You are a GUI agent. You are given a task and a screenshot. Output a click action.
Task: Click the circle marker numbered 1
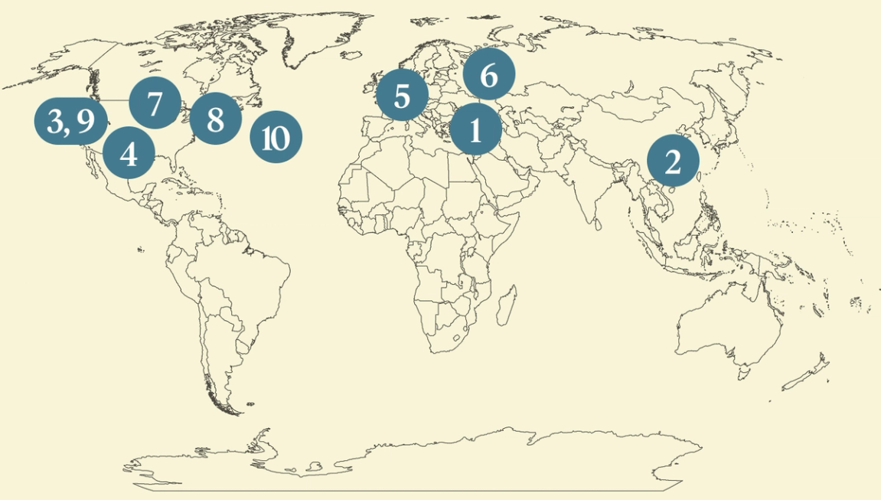pyautogui.click(x=475, y=131)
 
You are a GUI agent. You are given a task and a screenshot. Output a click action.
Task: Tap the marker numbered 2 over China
pyautogui.click(x=673, y=162)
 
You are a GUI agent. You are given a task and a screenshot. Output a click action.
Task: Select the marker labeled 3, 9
pyautogui.click(x=70, y=121)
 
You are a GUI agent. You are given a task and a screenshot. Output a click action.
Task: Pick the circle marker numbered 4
pyautogui.click(x=129, y=153)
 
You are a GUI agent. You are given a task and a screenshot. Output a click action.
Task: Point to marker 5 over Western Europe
pyautogui.click(x=402, y=96)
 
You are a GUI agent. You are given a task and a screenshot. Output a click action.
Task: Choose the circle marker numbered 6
pyautogui.click(x=489, y=75)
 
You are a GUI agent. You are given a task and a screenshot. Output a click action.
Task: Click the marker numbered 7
pyautogui.click(x=155, y=103)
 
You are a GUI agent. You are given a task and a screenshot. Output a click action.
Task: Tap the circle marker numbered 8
pyautogui.click(x=215, y=119)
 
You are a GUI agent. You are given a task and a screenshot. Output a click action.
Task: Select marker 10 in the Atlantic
pyautogui.click(x=276, y=138)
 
